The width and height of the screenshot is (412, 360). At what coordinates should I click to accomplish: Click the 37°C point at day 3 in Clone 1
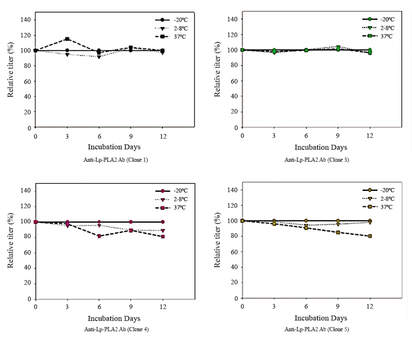(67, 39)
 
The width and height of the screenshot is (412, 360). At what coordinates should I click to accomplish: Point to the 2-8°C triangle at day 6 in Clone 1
(99, 57)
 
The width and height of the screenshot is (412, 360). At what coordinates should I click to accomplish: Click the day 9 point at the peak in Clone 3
(338, 47)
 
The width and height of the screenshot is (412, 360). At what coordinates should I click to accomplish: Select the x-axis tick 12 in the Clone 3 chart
(370, 136)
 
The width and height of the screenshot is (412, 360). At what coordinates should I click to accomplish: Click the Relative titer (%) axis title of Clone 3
(217, 69)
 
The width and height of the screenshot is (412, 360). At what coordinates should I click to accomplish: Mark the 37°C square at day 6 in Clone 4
(99, 236)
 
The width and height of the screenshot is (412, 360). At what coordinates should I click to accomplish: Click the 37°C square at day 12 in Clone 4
(163, 237)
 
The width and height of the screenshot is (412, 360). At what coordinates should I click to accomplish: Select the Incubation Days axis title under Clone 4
(114, 318)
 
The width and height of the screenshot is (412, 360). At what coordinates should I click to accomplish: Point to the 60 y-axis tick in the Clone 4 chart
(27, 253)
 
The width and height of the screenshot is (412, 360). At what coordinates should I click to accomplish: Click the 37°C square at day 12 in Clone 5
(370, 236)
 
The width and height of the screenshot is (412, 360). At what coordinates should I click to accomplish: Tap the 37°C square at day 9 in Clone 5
(338, 233)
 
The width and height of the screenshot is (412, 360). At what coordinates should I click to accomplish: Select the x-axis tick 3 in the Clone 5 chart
(274, 306)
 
